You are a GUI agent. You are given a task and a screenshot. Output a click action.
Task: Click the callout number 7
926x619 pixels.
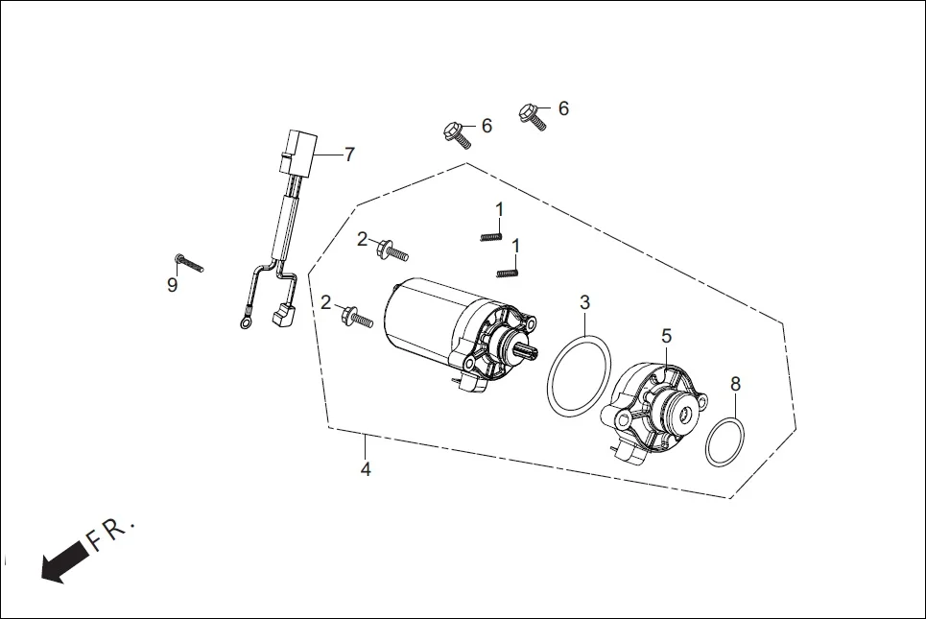pyautogui.click(x=349, y=154)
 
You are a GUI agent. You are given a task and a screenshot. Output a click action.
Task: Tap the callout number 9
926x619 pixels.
pyautogui.click(x=173, y=285)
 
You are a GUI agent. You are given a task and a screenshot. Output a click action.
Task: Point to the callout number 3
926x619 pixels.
pyautogui.click(x=584, y=303)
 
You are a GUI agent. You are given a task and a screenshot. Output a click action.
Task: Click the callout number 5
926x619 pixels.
pyautogui.click(x=666, y=336)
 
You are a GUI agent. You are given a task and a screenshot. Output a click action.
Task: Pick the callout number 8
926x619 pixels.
pyautogui.click(x=735, y=384)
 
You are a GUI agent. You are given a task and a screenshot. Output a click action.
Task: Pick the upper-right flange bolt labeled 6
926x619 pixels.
pyautogui.click(x=533, y=117)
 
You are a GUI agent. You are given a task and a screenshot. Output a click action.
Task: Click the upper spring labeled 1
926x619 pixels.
pyautogui.click(x=490, y=235)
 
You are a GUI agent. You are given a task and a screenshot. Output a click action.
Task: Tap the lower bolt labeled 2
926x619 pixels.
pyautogui.click(x=357, y=317)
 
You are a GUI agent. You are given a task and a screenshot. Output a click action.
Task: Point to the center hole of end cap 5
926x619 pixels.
pyautogui.click(x=686, y=415)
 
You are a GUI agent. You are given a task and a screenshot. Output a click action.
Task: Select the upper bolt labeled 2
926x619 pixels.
pyautogui.click(x=393, y=250)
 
